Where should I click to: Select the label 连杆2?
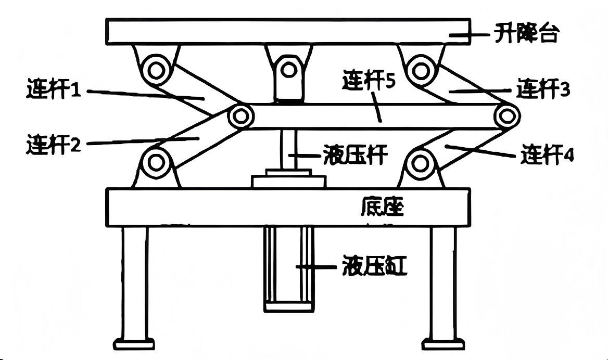coord(54,143)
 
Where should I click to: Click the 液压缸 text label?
coord(374,266)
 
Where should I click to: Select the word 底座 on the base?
coord(382,208)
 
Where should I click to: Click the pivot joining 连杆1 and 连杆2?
coord(240,116)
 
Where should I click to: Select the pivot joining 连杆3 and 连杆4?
coord(506,115)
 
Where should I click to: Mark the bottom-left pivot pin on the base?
coord(156,162)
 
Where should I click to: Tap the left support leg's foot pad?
coord(134,344)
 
